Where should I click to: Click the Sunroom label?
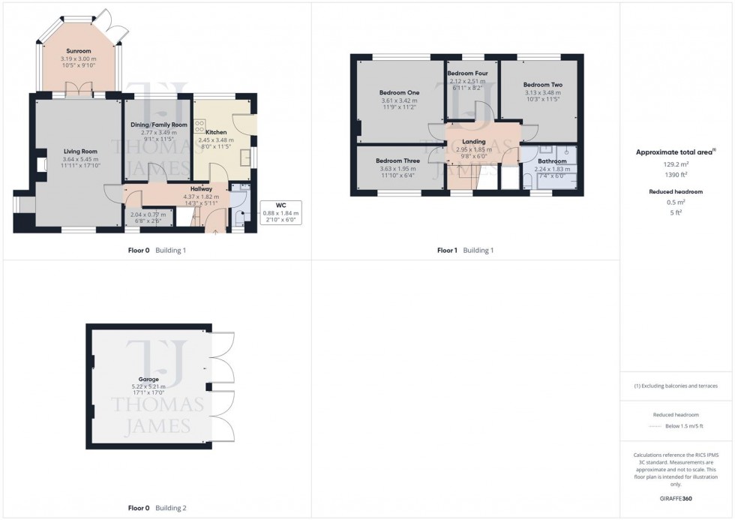[73, 51]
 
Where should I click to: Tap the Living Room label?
[76, 152]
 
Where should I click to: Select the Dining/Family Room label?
[157, 125]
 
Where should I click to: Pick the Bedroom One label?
[398, 93]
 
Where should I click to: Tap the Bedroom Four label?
[467, 74]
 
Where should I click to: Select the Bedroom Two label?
[542, 85]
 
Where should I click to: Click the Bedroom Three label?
[397, 161]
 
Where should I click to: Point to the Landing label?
[473, 142]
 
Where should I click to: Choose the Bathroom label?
[551, 161]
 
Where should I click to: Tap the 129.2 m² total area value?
[676, 163]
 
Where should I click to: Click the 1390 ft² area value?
[676, 173]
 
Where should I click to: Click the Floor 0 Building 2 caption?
[157, 508]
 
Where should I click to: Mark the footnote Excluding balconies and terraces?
[676, 386]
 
